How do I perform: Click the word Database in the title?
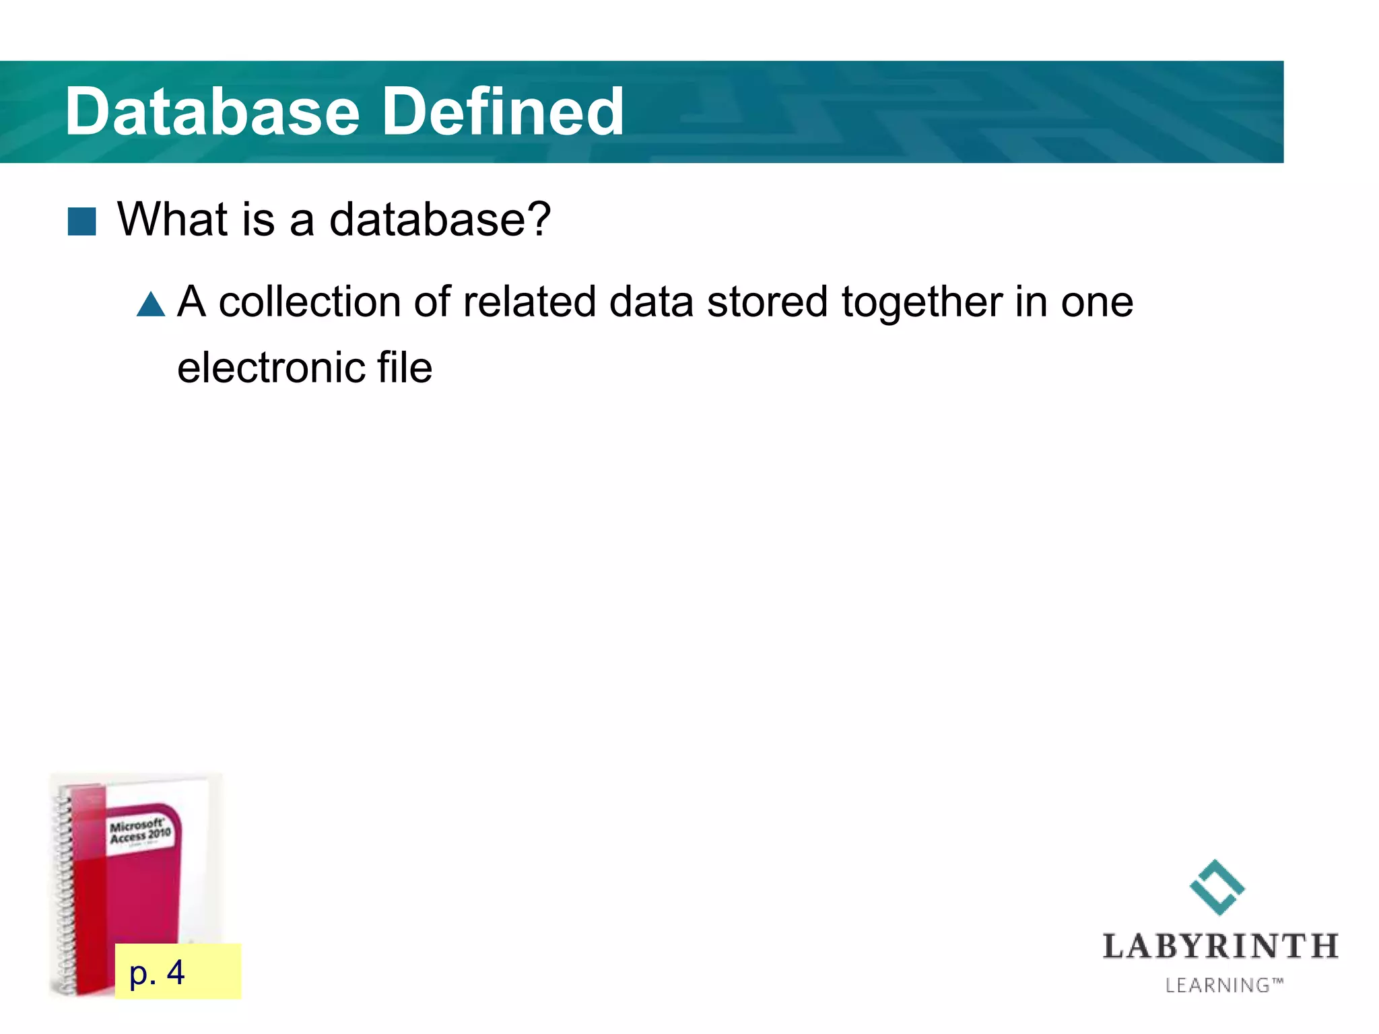coord(213,112)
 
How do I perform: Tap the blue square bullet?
coord(82,221)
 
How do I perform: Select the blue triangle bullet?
coord(151,304)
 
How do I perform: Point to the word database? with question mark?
coord(440,219)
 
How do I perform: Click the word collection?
coord(310,302)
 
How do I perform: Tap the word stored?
coord(767,302)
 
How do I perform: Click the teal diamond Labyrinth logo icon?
coord(1217,887)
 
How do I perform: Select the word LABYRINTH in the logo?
coord(1220,947)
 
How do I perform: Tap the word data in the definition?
coord(651,302)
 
